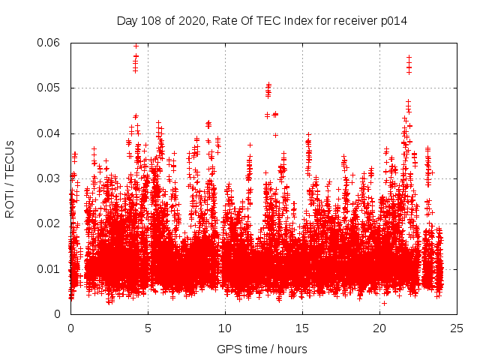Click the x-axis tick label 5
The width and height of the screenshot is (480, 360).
(148, 328)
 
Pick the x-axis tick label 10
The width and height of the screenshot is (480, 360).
(225, 328)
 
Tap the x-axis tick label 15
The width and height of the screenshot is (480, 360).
(302, 328)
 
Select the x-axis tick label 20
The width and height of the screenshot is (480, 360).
(379, 328)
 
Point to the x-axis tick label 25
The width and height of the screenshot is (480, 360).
(457, 328)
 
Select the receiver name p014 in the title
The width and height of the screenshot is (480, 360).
(392, 20)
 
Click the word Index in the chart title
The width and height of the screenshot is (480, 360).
(286, 20)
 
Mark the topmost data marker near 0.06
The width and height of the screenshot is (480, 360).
(136, 45)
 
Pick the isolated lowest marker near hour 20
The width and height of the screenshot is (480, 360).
(384, 303)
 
